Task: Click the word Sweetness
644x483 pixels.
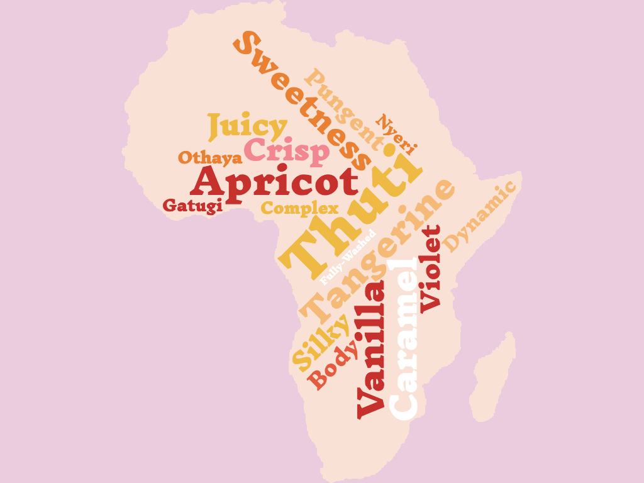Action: coord(301,101)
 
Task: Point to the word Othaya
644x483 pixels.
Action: coord(210,157)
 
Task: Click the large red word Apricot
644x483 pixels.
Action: coord(274,183)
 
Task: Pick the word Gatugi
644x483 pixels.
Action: coord(192,206)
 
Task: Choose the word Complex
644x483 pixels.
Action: coord(299,208)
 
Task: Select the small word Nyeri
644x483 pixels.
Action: coord(396,135)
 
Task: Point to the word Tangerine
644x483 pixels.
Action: coord(376,251)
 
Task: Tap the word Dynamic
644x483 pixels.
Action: coord(479,216)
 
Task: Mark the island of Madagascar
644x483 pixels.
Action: coord(493,377)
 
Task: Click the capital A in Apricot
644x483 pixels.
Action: coord(209,183)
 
